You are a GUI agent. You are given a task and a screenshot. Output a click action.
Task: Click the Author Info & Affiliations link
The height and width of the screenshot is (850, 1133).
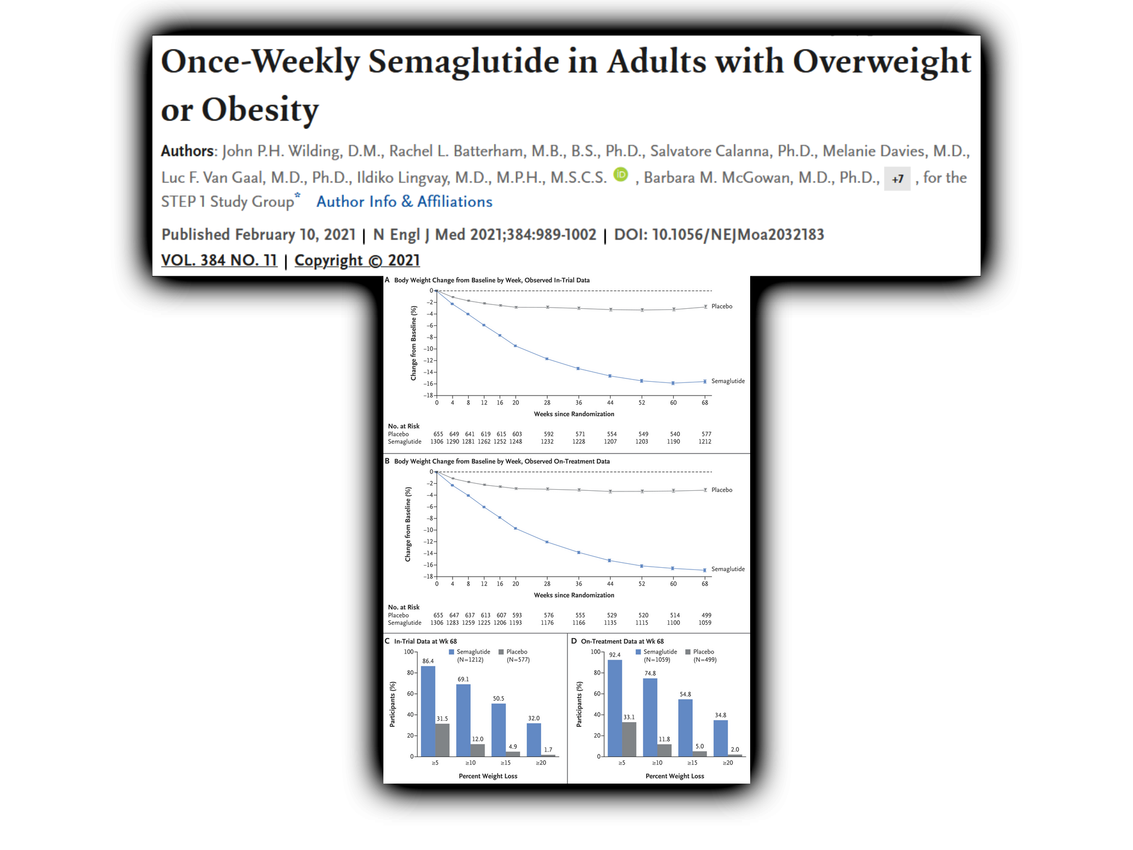[x=404, y=201]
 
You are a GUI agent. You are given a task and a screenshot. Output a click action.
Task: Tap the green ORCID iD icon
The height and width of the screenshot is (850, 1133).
[x=621, y=175]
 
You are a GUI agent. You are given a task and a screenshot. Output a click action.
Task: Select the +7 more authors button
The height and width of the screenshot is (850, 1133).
[x=897, y=179]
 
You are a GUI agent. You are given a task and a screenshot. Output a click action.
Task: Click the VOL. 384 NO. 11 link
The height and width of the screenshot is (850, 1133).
[x=219, y=260]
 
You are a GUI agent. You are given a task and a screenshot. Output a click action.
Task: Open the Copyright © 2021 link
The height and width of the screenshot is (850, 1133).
[x=357, y=260]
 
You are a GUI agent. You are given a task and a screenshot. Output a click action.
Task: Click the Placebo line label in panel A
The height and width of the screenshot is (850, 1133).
[x=721, y=306]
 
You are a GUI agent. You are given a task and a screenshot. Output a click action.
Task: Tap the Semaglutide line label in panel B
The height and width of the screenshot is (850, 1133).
[x=727, y=569]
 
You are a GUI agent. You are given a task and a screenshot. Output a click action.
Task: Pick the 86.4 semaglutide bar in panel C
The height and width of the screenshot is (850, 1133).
[x=428, y=711]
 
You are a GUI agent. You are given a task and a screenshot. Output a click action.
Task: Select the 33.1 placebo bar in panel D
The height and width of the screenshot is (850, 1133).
[x=629, y=739]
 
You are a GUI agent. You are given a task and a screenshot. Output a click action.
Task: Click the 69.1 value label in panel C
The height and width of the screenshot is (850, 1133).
[x=463, y=679]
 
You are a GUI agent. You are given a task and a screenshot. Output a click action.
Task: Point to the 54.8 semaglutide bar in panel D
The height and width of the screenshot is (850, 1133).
[x=685, y=728]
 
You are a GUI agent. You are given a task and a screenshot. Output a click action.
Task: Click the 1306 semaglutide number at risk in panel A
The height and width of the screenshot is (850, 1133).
[x=437, y=442]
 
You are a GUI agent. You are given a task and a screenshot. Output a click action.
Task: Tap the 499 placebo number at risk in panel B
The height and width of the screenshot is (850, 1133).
[x=706, y=615]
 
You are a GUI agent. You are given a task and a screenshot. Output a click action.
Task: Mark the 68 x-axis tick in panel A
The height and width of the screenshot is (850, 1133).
[x=705, y=402]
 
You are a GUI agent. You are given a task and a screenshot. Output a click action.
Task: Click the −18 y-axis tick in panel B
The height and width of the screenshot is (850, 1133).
[x=428, y=577]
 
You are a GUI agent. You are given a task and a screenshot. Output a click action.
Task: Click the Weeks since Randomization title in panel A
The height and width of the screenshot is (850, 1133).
[x=574, y=414]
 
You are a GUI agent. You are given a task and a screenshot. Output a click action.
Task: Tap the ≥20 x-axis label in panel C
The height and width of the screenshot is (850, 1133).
[x=541, y=763]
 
